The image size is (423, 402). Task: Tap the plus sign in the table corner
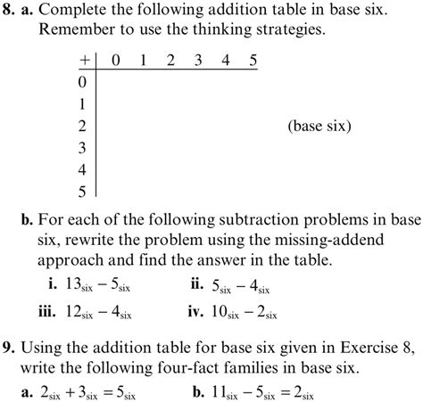[x=84, y=61]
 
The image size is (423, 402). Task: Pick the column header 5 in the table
[x=253, y=61]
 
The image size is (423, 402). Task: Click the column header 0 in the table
[x=115, y=61]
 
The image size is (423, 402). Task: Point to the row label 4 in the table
[x=84, y=168]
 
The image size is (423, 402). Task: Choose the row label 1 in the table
[x=84, y=103]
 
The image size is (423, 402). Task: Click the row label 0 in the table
[x=84, y=82]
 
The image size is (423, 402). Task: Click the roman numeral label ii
[x=196, y=285]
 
